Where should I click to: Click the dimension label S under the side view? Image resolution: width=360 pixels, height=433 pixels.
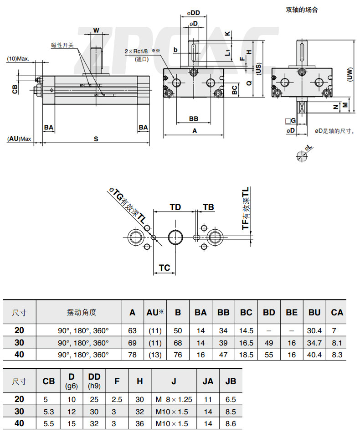point(96,139)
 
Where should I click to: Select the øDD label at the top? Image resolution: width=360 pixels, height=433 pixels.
point(193,13)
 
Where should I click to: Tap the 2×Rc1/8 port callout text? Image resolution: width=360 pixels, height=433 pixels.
point(136,52)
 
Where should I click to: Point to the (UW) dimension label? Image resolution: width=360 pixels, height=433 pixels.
point(350,74)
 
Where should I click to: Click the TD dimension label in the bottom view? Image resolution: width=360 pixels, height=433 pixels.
point(175,207)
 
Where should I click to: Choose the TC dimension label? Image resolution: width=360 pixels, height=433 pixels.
point(164,268)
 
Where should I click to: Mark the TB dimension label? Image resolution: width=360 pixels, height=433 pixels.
point(208,207)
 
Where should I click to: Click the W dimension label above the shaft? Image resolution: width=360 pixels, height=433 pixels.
point(96,31)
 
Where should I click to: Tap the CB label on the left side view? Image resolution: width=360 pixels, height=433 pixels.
point(15,89)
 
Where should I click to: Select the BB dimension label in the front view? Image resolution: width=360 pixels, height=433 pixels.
point(194,119)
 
